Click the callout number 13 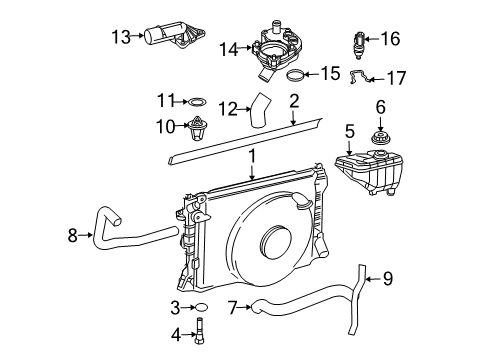point(121,37)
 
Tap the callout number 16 point(390,39)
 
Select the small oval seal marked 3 point(202,307)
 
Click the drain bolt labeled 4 point(200,331)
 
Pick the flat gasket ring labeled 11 point(197,102)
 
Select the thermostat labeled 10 point(197,128)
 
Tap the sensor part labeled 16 point(359,45)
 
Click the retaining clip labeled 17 point(359,77)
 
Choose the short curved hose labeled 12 point(260,111)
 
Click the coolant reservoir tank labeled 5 point(369,172)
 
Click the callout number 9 point(388,279)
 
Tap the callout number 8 point(73,235)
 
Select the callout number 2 point(294,101)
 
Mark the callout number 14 point(229,49)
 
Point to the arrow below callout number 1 point(252,172)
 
